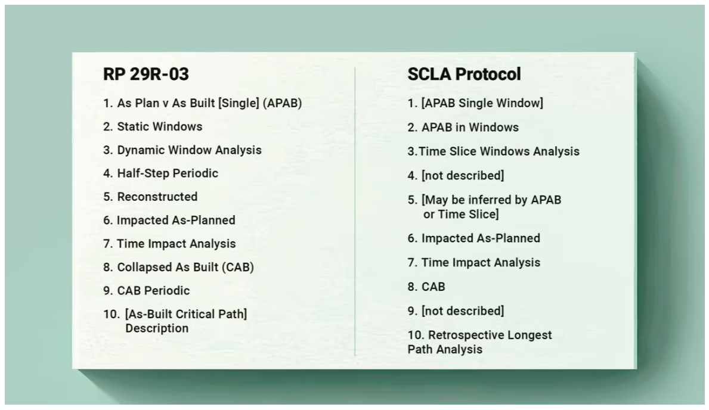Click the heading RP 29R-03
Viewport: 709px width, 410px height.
click(x=146, y=74)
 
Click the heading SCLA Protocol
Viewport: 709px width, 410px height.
click(x=464, y=74)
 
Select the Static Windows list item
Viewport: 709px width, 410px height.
click(x=159, y=126)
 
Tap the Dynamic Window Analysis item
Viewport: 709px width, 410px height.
click(x=189, y=150)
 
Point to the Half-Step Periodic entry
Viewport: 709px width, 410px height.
click(x=168, y=173)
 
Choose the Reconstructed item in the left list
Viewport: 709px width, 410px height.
click(x=157, y=197)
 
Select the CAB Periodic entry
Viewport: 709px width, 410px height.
click(x=153, y=291)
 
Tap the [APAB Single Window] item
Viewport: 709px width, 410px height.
click(x=482, y=103)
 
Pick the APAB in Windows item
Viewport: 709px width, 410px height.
click(x=470, y=127)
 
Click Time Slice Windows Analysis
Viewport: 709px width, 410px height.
click(x=499, y=151)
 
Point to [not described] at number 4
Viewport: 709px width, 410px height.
click(x=462, y=176)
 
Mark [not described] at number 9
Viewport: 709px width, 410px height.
click(x=462, y=311)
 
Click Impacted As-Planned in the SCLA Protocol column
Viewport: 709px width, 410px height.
click(x=481, y=238)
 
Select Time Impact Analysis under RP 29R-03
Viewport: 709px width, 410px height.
click(x=176, y=244)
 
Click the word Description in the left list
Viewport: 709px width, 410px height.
click(x=157, y=328)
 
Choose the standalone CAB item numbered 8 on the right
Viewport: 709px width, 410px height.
click(x=434, y=287)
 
